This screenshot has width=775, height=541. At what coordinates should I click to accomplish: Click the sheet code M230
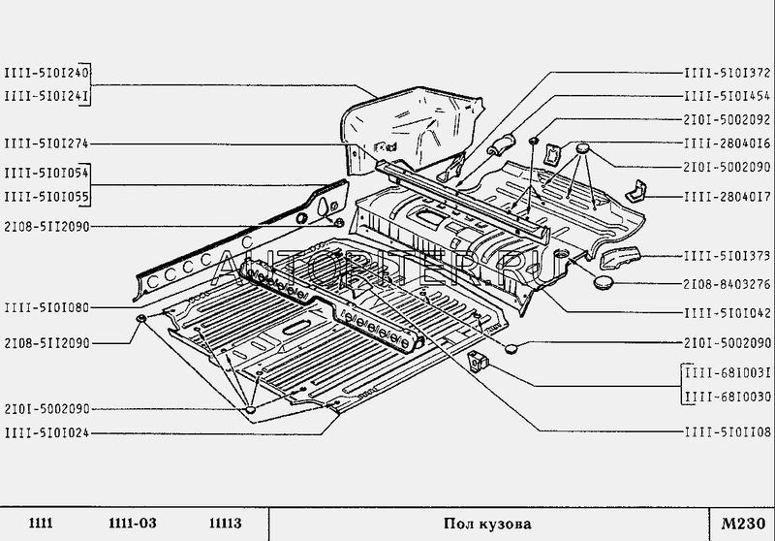(x=742, y=524)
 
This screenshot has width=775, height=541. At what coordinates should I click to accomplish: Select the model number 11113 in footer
(x=226, y=524)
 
